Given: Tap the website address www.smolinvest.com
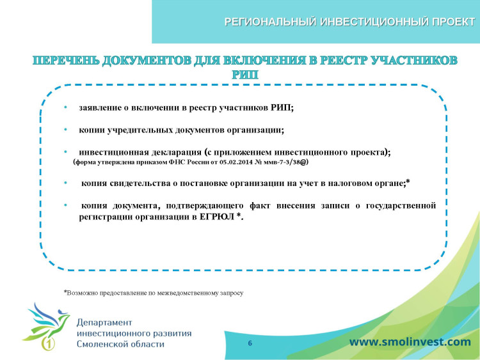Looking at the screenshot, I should tap(410, 342).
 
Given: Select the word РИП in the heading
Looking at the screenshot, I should tap(245, 75).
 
